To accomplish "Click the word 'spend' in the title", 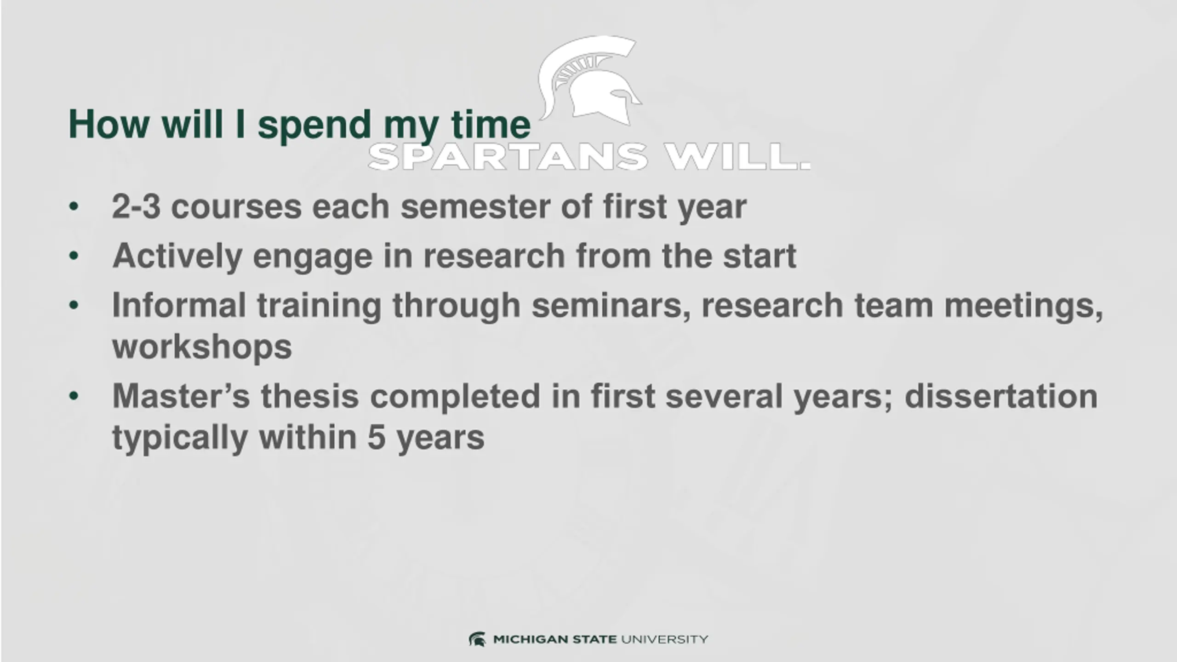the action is point(314,126).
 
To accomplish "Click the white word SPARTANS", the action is point(508,157).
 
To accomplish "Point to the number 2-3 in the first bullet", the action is point(136,206).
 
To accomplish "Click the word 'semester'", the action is point(475,207).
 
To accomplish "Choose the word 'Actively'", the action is point(177,257).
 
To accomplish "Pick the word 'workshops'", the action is point(202,347).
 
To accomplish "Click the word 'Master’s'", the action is point(181,396).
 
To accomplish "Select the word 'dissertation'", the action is point(1001,396).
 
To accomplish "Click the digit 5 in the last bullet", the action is point(376,438).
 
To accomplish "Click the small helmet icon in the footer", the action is point(477,639).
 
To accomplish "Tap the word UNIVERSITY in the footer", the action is point(664,639).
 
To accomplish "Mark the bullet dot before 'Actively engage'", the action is point(74,256).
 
